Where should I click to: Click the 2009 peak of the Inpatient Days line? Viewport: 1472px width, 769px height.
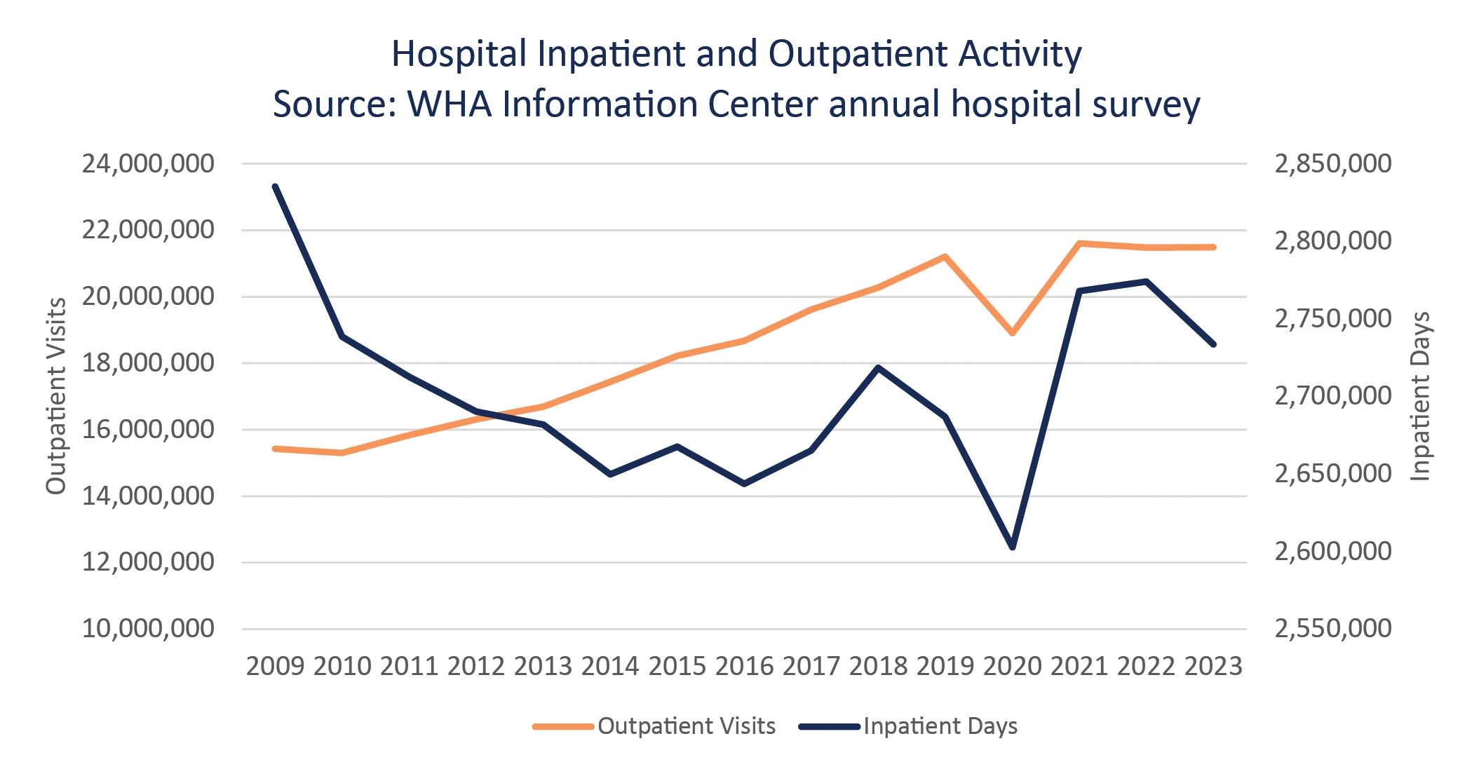(x=275, y=186)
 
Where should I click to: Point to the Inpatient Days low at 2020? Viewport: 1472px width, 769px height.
(x=1012, y=547)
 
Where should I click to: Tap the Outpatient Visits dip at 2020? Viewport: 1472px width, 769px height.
(x=1012, y=333)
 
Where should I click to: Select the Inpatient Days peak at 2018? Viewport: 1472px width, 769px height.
(x=878, y=367)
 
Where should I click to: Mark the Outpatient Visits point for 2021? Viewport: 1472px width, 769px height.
(x=1079, y=243)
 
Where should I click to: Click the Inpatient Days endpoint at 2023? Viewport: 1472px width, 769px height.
(x=1213, y=344)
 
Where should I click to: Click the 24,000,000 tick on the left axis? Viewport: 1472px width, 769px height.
(x=148, y=164)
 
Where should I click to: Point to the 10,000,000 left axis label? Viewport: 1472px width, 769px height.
(x=148, y=628)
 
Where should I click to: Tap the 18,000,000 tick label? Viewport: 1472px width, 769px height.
(x=148, y=363)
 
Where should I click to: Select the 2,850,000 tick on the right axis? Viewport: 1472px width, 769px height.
(x=1333, y=164)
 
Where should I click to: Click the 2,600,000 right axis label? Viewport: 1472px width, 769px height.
(x=1333, y=551)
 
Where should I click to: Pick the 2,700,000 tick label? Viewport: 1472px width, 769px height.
(x=1333, y=396)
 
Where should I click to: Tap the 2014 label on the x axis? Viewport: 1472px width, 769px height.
(x=610, y=665)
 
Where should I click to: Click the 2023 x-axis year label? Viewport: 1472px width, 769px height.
(x=1213, y=665)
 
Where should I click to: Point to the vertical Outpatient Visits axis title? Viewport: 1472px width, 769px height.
(x=56, y=396)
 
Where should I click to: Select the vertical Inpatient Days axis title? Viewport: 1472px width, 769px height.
(x=1419, y=396)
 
